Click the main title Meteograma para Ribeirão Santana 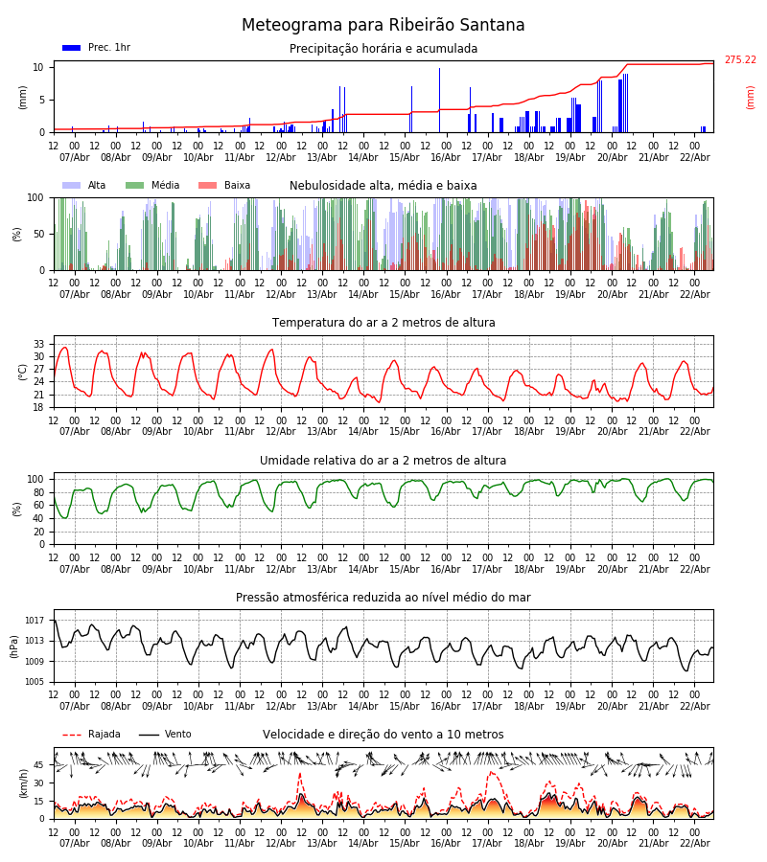point(383,26)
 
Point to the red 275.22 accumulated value point(739,60)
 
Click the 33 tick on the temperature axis point(39,344)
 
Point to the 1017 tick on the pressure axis point(35,620)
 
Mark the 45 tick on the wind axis point(39,764)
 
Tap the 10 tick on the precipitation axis point(39,67)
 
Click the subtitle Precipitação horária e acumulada point(383,49)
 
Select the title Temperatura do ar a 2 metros point(383,323)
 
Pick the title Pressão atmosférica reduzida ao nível point(383,598)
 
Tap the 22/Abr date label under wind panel point(694,844)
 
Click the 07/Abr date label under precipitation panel point(75,157)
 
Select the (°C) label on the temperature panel point(23,371)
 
